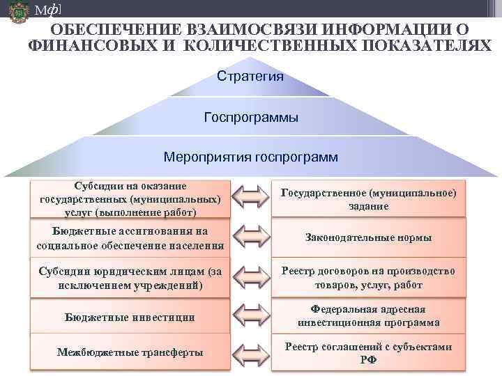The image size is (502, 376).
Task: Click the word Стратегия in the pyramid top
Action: pyautogui.click(x=250, y=75)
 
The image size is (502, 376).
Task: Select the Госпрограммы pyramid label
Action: pyautogui.click(x=251, y=117)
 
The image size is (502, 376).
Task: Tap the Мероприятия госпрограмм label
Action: pyautogui.click(x=251, y=157)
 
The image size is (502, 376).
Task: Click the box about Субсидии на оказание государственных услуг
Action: pyautogui.click(x=130, y=199)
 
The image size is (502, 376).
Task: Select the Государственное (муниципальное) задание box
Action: pyautogui.click(x=369, y=199)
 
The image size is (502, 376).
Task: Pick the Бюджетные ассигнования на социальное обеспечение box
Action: pyautogui.click(x=130, y=237)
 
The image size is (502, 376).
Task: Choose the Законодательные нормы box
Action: pyautogui.click(x=369, y=237)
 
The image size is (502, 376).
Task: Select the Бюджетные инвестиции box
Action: pyautogui.click(x=130, y=317)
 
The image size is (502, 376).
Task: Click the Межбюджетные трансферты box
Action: pyautogui.click(x=130, y=352)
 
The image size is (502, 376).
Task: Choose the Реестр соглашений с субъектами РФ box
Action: pyautogui.click(x=369, y=352)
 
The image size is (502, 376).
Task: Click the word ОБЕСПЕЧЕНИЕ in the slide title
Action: pyautogui.click(x=112, y=30)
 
